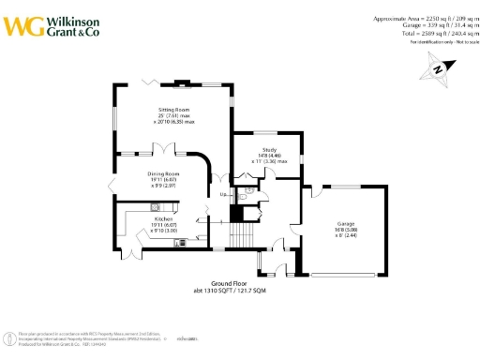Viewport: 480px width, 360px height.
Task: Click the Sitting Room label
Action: (173, 110)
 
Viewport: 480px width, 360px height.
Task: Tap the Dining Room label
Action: (163, 174)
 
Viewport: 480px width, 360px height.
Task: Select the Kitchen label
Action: (164, 219)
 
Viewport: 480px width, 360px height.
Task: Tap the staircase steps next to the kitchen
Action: (246, 226)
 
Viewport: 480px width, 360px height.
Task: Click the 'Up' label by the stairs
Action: (222, 194)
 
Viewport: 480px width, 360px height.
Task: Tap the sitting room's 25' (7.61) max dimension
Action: (173, 115)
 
